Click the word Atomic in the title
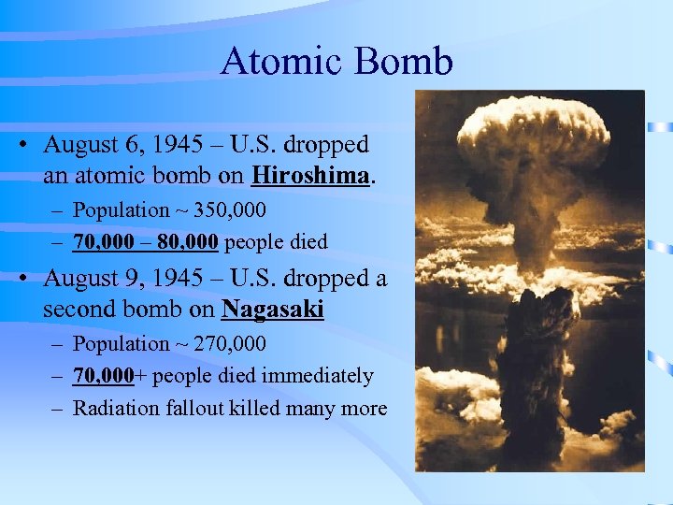(278, 63)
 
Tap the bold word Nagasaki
(272, 309)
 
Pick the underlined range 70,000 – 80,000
(146, 242)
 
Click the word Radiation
(116, 408)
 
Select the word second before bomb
(79, 309)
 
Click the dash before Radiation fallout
(58, 408)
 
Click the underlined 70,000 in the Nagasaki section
(104, 376)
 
